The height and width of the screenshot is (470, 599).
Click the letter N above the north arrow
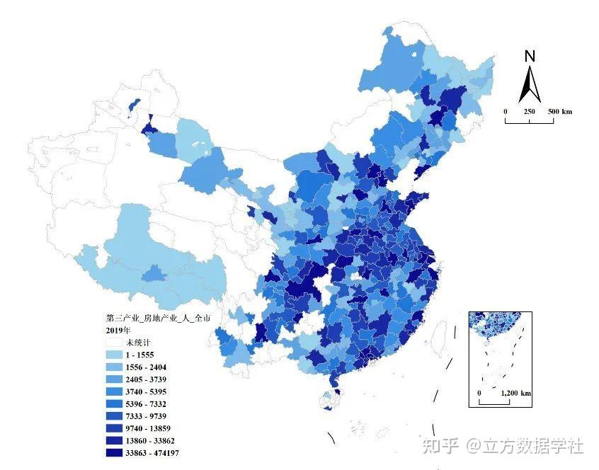[x=530, y=57]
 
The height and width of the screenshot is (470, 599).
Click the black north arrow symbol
[x=530, y=84]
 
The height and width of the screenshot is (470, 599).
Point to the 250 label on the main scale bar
[x=529, y=112]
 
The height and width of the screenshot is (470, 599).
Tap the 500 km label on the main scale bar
[x=559, y=112]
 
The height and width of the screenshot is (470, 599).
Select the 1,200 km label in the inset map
[x=516, y=393]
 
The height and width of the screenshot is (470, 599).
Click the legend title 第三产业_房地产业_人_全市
[x=157, y=319]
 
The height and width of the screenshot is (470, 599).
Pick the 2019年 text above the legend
[x=118, y=331]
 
